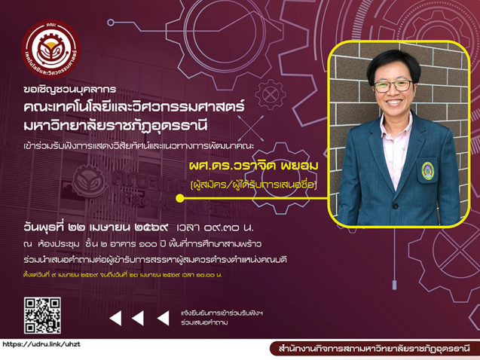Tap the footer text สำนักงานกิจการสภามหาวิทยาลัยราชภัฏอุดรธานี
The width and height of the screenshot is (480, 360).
[374, 349]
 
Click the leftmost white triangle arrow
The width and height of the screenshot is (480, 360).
[115, 319]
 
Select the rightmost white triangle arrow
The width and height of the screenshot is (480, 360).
[158, 319]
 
